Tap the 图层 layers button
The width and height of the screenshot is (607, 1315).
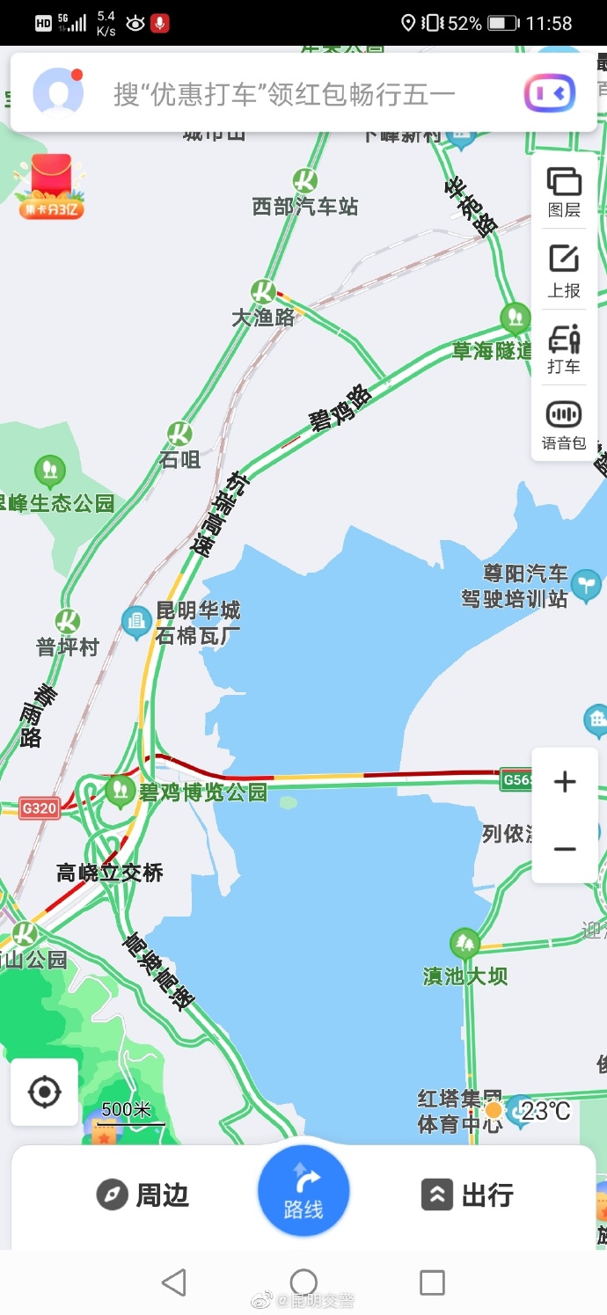coord(564,192)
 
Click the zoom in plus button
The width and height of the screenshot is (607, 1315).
coord(565,782)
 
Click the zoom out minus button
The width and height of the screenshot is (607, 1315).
coord(565,849)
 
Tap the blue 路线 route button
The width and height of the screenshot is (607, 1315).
coord(303,1191)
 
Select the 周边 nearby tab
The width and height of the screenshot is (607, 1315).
coord(143,1194)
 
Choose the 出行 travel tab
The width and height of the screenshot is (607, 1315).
coord(467,1194)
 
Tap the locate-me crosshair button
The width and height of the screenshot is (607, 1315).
coord(44,1092)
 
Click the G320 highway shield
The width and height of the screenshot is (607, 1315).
coord(40,807)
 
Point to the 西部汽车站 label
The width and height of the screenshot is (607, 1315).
coord(305,206)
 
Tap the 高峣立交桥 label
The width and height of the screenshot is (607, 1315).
coord(110,873)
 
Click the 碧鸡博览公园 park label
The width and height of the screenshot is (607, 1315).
coord(202,792)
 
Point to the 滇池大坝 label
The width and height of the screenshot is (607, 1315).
coord(465,975)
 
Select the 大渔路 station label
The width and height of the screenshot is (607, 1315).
coord(263,318)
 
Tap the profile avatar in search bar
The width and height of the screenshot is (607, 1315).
coord(58,92)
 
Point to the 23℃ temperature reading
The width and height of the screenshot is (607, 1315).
coord(545,1111)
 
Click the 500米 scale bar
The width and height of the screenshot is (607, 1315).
coord(131,1114)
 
